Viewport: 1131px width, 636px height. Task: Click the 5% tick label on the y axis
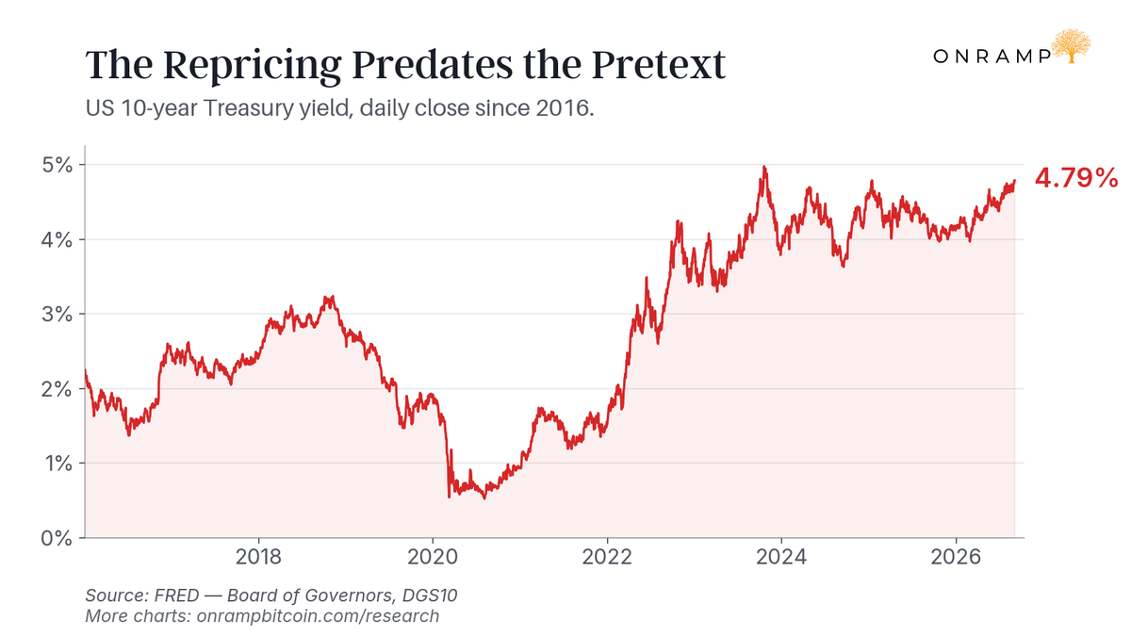click(x=57, y=165)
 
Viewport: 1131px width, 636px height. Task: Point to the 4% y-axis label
click(x=57, y=239)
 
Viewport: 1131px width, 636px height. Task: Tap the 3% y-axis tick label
click(x=57, y=315)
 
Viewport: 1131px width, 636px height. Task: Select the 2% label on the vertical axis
click(x=57, y=389)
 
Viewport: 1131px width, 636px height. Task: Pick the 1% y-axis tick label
click(x=58, y=464)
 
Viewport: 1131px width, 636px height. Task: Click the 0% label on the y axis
click(x=57, y=538)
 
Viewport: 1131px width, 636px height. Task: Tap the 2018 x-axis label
click(x=258, y=557)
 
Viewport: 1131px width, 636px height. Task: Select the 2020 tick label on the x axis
click(x=433, y=557)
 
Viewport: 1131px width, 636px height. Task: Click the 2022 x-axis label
click(x=607, y=557)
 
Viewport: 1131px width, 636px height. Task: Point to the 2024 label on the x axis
click(x=781, y=557)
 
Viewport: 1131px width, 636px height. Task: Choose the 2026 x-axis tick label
click(x=956, y=557)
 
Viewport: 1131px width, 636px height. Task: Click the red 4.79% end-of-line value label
click(x=1076, y=178)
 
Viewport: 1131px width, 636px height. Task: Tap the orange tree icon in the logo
click(x=1071, y=46)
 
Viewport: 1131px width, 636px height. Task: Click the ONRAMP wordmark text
click(x=992, y=56)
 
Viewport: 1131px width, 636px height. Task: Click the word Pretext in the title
click(x=659, y=65)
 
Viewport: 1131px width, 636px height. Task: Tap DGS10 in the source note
click(x=430, y=595)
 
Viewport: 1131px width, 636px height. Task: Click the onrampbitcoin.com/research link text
click(x=318, y=616)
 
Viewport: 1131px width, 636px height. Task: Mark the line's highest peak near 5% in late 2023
click(x=764, y=167)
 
